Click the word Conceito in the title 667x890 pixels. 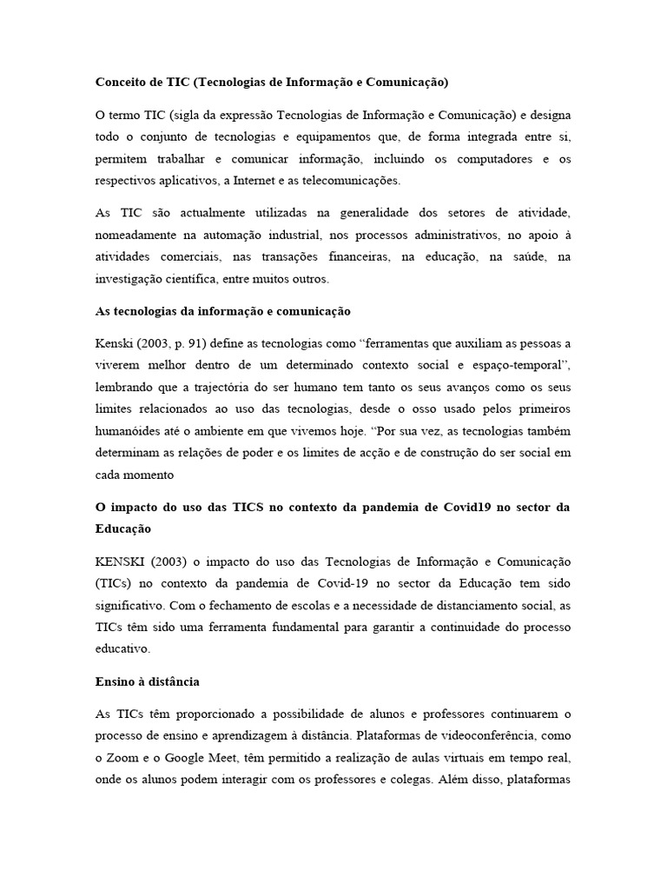(121, 83)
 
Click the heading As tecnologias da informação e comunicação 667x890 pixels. (222, 311)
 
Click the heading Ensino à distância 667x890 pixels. (148, 681)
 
